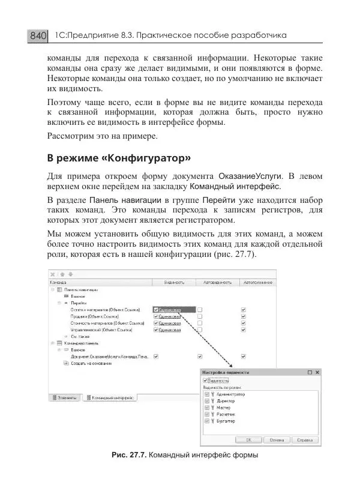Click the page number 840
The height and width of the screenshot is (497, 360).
pyautogui.click(x=38, y=37)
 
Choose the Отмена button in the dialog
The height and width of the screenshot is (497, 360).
pyautogui.click(x=277, y=439)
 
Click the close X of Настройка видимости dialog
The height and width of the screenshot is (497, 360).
pyautogui.click(x=317, y=372)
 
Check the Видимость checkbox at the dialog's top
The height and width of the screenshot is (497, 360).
pyautogui.click(x=206, y=381)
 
